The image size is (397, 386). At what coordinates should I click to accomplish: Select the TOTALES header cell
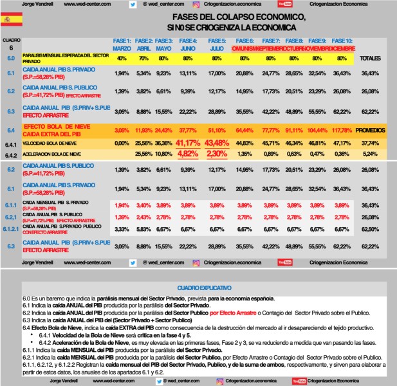pos(370,58)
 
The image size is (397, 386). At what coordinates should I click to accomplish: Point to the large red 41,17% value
pos(187,142)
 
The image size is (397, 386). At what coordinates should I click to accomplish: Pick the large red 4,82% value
pos(187,154)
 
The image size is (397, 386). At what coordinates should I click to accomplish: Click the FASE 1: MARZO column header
pos(122,44)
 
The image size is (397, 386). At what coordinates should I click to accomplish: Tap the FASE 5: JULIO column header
pos(217,44)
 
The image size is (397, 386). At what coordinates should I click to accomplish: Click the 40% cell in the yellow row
pos(122,59)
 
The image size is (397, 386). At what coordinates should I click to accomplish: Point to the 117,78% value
pos(343,130)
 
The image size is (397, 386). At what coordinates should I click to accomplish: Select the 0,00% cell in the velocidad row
pos(122,143)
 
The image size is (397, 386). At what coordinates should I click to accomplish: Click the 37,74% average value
pos(370,143)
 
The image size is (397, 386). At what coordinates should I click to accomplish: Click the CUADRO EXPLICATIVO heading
pos(198,286)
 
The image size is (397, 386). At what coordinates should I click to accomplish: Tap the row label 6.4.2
pos(10,154)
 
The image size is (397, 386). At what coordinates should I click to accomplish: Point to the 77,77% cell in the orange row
pos(270,130)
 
